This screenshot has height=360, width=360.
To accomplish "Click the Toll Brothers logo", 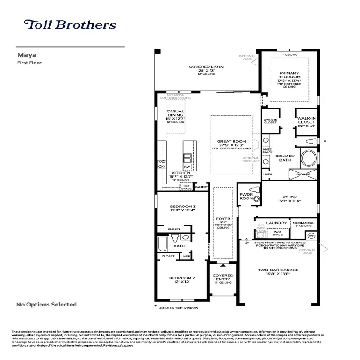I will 70,25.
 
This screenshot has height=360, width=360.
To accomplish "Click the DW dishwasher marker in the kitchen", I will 187,167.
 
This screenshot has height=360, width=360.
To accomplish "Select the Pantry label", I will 202,187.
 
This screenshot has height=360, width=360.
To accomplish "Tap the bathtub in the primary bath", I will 309,159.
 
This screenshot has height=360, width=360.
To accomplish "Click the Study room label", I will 289,197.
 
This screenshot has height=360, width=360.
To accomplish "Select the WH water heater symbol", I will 310,235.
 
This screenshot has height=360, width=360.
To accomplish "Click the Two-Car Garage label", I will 278,270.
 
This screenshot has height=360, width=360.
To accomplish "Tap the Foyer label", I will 223,219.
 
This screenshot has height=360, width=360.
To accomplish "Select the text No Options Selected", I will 46,305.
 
